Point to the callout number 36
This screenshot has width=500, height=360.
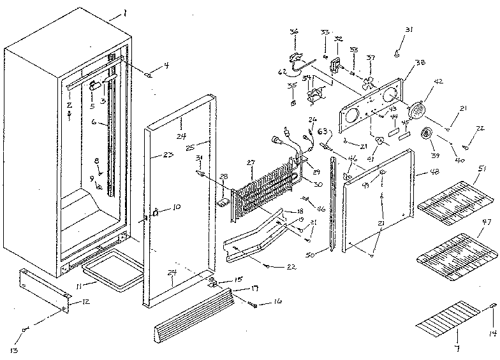(x=293, y=31)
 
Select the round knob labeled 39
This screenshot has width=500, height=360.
(x=425, y=135)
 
